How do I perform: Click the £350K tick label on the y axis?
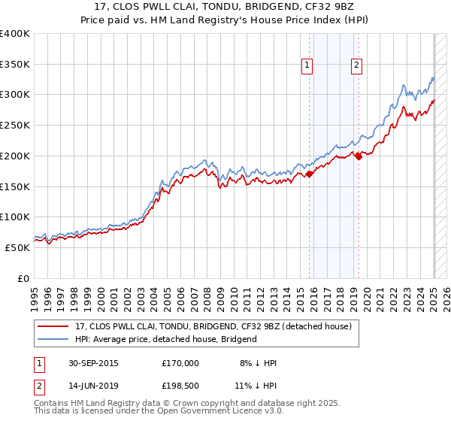click(15, 65)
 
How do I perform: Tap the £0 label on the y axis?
click(23, 278)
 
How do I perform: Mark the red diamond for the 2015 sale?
click(310, 174)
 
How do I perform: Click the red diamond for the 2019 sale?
click(359, 156)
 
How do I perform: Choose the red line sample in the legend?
click(53, 326)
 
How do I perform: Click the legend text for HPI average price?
click(166, 339)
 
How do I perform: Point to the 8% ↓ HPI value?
click(256, 363)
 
